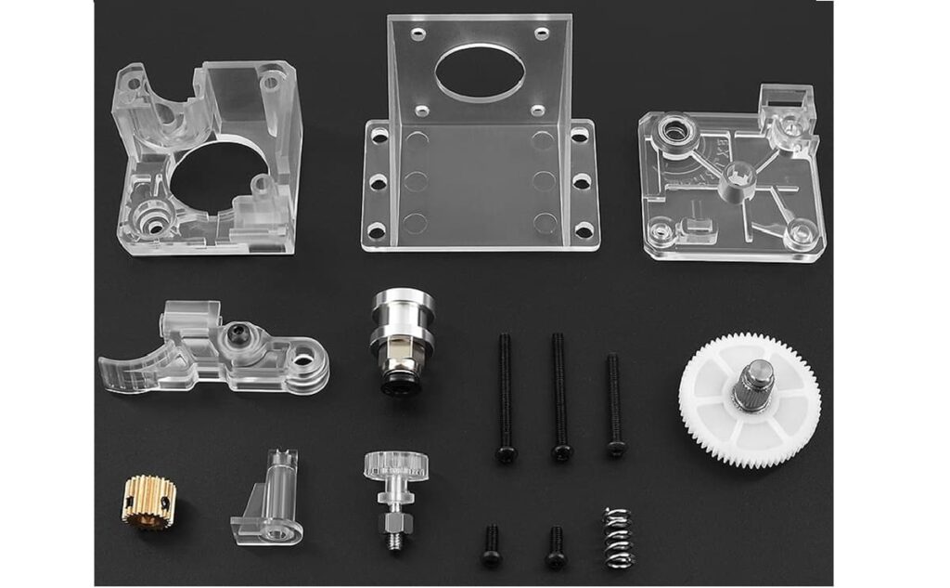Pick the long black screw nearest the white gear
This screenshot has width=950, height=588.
pos(614,404)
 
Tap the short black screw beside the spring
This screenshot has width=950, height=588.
pos(555,547)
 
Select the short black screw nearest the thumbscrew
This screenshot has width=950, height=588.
pos(491,545)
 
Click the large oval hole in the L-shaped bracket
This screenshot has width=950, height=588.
pos(479,72)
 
